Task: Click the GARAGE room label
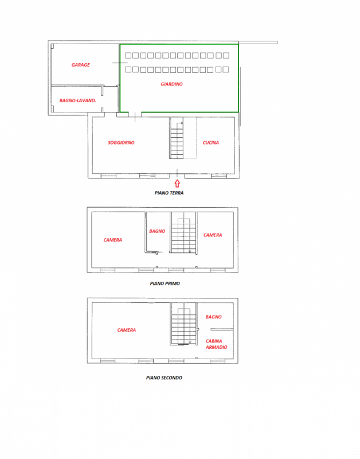tap(80, 65)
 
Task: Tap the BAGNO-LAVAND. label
tap(77, 100)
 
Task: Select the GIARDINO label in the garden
tap(171, 84)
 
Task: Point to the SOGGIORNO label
tap(121, 142)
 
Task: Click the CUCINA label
tap(210, 142)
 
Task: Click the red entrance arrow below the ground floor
tap(177, 183)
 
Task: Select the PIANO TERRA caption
tap(169, 193)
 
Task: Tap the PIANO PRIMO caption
tap(165, 283)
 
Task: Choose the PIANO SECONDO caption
tap(164, 378)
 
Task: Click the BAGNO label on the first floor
tap(157, 231)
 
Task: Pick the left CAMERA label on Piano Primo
tap(112, 240)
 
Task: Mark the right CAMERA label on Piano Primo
tap(213, 235)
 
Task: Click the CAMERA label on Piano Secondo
tap(127, 330)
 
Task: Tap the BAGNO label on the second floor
tap(213, 317)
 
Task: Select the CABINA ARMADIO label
tap(217, 344)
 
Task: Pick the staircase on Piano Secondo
tap(183, 326)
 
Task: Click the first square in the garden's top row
tap(128, 56)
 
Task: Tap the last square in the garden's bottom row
tap(226, 69)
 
